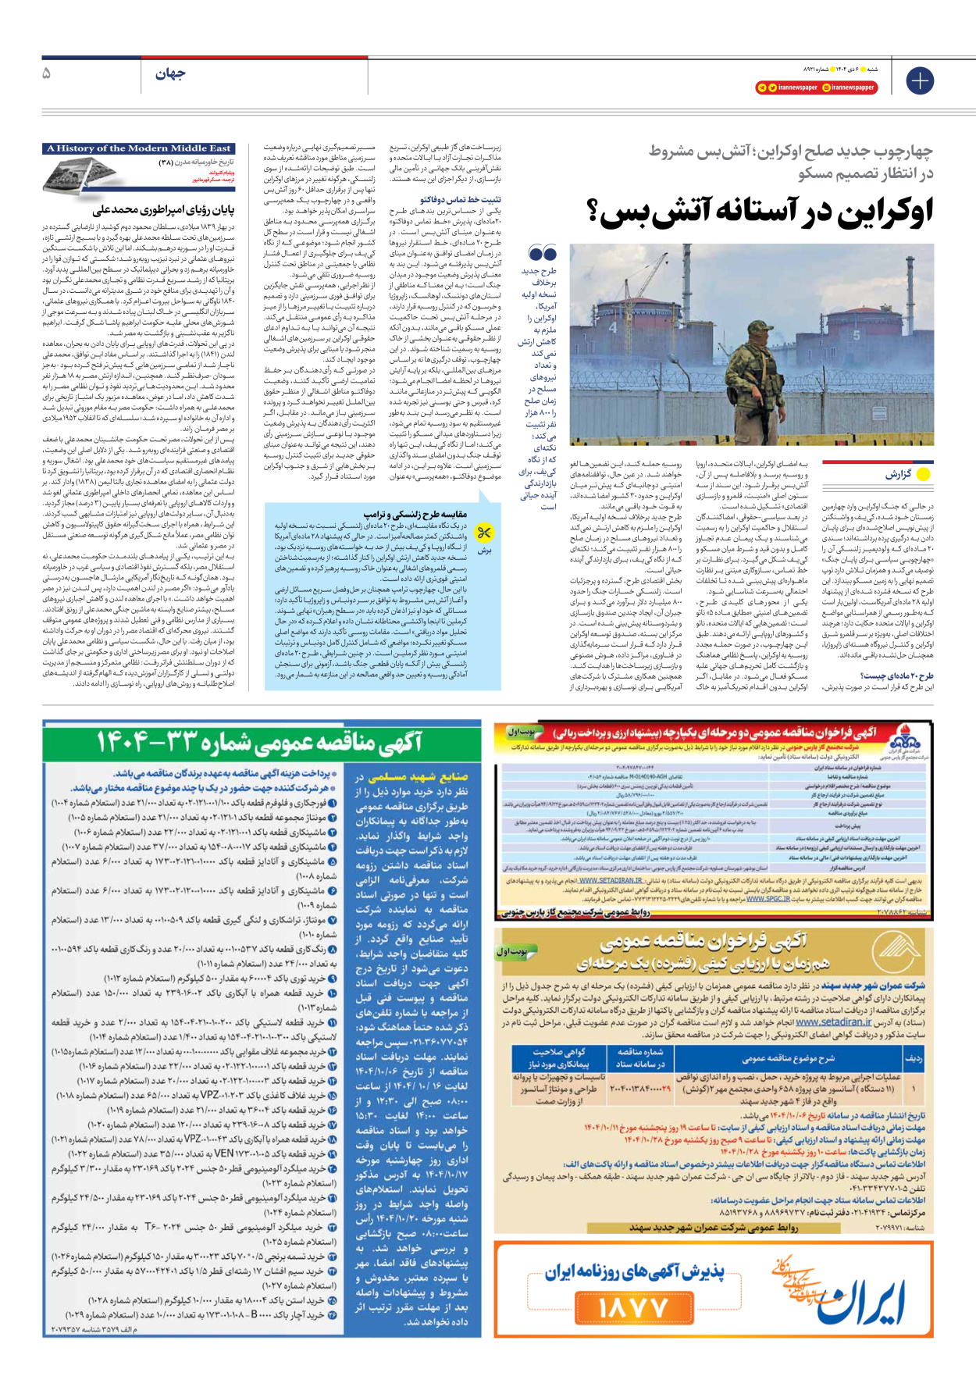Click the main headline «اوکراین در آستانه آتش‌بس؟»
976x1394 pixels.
(x=759, y=212)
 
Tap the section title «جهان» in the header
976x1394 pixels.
(x=170, y=74)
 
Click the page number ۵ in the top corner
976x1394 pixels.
(x=47, y=73)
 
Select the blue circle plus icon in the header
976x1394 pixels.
(x=920, y=80)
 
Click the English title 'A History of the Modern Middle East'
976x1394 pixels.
(x=139, y=148)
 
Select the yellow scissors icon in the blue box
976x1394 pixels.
(x=485, y=533)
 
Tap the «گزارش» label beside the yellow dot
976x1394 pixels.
(x=898, y=474)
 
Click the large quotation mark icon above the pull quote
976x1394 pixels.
(x=543, y=253)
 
